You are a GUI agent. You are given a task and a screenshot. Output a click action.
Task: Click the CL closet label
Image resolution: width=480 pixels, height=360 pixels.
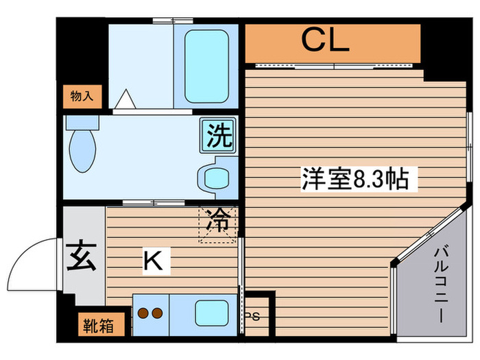click(x=326, y=42)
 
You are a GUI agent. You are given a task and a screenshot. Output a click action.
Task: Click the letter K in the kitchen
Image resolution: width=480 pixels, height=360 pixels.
click(x=153, y=260)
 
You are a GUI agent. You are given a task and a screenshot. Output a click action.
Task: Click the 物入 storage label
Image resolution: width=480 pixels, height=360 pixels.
click(x=82, y=96)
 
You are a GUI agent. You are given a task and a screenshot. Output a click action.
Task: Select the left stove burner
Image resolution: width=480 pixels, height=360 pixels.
click(x=144, y=313)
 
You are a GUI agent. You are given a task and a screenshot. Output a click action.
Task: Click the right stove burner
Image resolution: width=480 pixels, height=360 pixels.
click(x=158, y=313)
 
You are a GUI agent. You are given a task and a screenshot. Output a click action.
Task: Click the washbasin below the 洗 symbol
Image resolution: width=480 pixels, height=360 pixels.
click(x=217, y=178)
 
